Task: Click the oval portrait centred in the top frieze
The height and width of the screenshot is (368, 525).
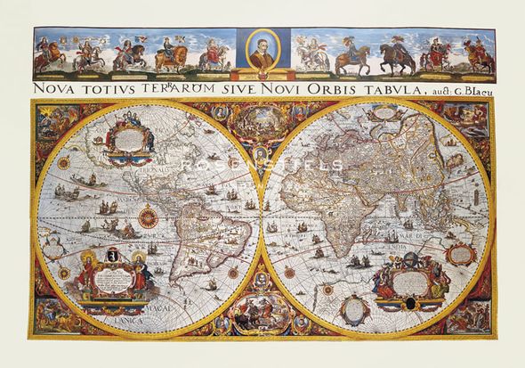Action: pos(263,52)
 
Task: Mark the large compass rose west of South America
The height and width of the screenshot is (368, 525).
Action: pos(149,217)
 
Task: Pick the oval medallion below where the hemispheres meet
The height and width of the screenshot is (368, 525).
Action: pos(262,312)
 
